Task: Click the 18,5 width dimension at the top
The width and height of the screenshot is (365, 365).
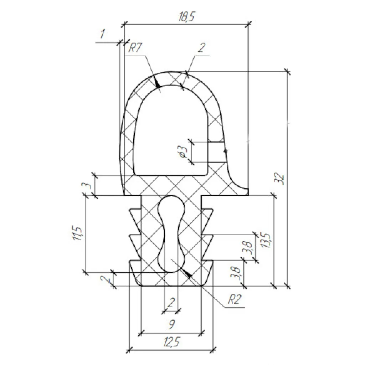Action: pyautogui.click(x=186, y=17)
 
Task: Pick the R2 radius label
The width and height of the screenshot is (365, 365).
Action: pyautogui.click(x=234, y=299)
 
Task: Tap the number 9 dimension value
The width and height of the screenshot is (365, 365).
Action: pyautogui.click(x=171, y=324)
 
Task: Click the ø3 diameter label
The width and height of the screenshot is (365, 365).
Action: pyautogui.click(x=183, y=151)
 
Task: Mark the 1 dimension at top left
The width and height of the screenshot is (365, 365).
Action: pyautogui.click(x=102, y=34)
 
